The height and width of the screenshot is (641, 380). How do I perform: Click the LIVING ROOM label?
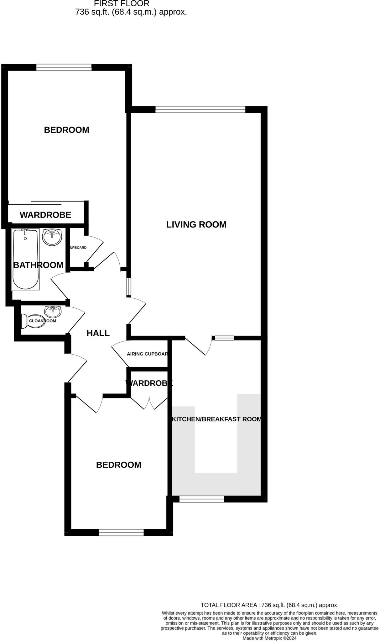[196, 224]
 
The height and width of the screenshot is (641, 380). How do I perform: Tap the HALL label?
[98, 333]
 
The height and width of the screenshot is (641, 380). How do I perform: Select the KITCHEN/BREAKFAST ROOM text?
[216, 419]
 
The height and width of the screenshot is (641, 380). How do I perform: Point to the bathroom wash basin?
[52, 237]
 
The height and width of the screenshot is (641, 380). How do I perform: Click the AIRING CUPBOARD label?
[147, 354]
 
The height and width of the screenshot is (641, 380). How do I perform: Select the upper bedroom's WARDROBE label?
[45, 215]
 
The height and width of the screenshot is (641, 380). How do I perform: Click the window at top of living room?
[200, 109]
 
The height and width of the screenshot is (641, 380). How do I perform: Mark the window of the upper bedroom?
[64, 67]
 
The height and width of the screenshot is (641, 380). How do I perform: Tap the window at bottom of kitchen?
[201, 499]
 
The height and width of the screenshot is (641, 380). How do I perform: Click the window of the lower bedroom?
[121, 532]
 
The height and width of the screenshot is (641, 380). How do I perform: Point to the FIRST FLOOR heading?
[122, 4]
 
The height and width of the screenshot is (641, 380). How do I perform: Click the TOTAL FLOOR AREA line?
[269, 605]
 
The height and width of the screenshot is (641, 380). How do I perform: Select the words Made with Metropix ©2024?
[269, 638]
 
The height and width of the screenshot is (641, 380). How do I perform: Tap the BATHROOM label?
[38, 265]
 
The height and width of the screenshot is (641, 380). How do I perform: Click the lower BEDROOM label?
[118, 465]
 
